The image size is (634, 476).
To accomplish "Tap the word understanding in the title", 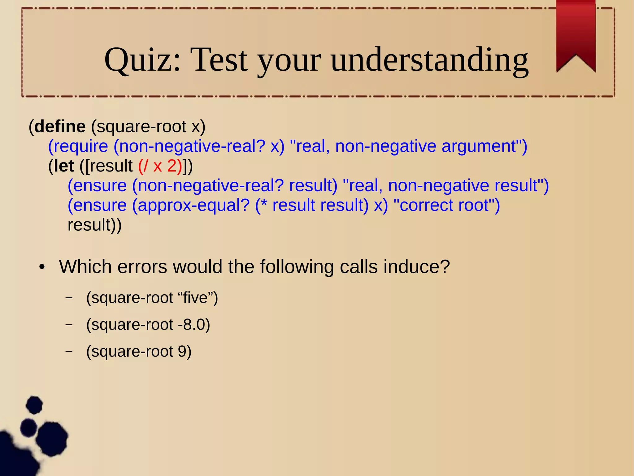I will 430,60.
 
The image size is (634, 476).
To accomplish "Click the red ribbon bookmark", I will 576,34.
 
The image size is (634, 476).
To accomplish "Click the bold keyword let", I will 64,166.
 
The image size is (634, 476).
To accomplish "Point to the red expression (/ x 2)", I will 160,166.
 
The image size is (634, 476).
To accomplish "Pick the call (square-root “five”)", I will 152,298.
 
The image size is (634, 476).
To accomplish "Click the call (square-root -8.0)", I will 148,325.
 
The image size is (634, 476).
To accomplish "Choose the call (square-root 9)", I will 139,351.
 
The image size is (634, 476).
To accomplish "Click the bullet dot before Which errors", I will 42,267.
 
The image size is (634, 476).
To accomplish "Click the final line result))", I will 94,225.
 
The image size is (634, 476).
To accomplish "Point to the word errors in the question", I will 142,267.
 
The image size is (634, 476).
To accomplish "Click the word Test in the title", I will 219,60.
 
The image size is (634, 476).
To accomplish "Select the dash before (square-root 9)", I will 69,352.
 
